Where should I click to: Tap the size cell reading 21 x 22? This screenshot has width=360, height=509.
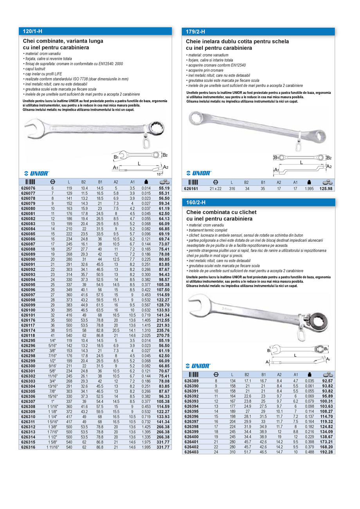215,189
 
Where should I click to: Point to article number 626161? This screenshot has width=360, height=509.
191,189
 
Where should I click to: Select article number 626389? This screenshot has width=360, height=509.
192,381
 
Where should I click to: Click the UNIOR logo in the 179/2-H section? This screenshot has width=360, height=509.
199,173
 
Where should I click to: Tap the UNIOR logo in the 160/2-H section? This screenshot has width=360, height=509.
199,365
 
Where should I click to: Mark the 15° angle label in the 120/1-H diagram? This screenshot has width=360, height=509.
159,173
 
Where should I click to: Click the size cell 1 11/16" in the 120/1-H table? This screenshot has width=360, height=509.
53,447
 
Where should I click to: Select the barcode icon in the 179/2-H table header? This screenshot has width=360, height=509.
193,182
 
